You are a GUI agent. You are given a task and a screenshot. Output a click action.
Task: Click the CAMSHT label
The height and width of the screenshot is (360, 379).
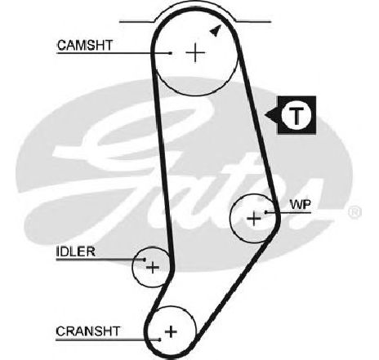[85, 45]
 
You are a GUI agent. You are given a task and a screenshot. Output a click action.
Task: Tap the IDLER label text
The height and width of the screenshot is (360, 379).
[76, 251]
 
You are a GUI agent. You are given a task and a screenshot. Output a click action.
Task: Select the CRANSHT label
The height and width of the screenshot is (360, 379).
[87, 331]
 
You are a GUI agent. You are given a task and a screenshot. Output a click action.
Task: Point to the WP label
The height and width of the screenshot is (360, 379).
[301, 205]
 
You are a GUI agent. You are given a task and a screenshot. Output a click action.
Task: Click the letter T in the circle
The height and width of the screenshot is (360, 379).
[296, 115]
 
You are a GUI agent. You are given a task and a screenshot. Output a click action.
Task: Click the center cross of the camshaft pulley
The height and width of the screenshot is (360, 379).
[195, 52]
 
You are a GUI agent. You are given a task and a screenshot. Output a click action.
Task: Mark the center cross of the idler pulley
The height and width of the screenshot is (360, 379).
[153, 268]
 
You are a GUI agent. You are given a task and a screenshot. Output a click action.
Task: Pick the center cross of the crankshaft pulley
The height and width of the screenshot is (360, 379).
[171, 331]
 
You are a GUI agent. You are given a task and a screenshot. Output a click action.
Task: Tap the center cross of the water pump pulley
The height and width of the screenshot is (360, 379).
[254, 218]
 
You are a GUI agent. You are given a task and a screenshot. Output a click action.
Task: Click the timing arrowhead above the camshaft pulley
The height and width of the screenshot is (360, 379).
[216, 30]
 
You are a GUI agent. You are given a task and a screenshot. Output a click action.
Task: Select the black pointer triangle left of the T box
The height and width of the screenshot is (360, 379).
[271, 115]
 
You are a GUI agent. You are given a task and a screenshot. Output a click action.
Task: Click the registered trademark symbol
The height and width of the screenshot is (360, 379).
[354, 212]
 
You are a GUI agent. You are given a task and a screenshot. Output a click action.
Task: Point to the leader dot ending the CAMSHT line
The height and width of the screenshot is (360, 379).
[171, 53]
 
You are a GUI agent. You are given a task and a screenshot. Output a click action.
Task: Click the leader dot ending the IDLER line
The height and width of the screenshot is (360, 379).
[145, 260]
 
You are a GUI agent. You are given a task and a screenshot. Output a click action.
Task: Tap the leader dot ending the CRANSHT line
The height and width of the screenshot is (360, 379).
[160, 340]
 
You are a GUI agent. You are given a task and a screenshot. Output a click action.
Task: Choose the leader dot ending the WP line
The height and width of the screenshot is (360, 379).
[266, 212]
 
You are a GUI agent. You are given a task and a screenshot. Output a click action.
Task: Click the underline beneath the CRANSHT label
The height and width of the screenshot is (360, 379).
[108, 340]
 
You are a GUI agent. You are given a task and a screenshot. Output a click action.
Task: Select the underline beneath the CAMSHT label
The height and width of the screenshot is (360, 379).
[114, 53]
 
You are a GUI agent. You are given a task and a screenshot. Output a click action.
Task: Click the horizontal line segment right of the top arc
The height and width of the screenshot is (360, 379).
[254, 21]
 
